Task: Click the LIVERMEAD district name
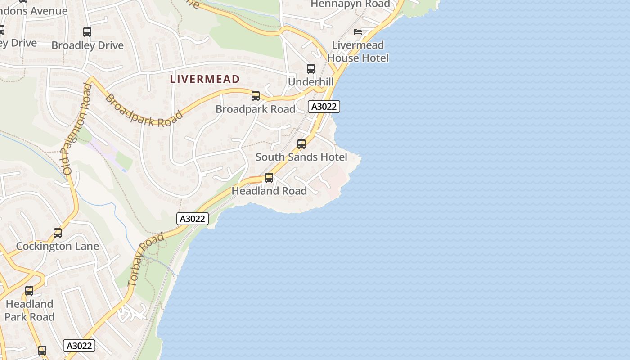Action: coord(205,79)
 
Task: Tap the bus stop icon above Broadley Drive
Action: coord(87,32)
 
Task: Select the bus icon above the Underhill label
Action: coord(311,69)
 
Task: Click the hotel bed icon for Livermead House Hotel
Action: coord(358,31)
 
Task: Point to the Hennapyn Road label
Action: coord(351,4)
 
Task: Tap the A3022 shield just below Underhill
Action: coord(324,107)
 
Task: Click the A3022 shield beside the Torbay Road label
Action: coord(192,219)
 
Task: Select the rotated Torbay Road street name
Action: coord(145,260)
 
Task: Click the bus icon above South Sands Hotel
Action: coord(301,144)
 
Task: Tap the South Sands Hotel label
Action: coord(301,157)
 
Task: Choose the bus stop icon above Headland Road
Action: coord(269,178)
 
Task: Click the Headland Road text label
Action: coord(269,191)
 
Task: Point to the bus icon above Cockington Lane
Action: coord(58,233)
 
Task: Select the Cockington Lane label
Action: coord(57,246)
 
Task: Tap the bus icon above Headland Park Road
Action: coord(29,291)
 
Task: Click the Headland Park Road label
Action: coord(29,310)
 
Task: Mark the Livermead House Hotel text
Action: coord(358,51)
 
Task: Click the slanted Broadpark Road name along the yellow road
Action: coord(144,111)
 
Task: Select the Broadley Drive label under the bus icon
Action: coord(87,45)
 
